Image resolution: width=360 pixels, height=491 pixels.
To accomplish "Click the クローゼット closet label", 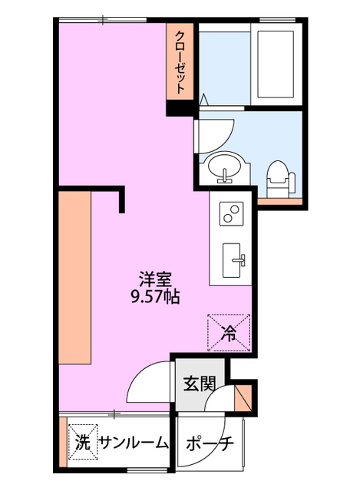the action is pyautogui.click(x=179, y=62).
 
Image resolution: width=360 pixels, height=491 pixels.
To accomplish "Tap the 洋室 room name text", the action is pyautogui.click(x=155, y=279).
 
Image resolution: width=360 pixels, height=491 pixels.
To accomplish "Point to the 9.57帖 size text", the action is pyautogui.click(x=155, y=297).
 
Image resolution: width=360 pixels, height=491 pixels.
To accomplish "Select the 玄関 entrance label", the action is pyautogui.click(x=200, y=384).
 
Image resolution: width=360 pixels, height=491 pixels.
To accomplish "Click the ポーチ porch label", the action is pyautogui.click(x=210, y=443).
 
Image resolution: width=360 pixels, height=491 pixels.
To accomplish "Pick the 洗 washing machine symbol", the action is pyautogui.click(x=83, y=442).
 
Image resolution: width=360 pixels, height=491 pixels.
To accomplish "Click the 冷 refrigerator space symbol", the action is pyautogui.click(x=229, y=332).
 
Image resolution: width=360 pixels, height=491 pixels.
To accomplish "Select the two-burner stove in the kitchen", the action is pyautogui.click(x=232, y=213).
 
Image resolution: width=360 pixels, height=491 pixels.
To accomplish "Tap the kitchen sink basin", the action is pyautogui.click(x=232, y=260).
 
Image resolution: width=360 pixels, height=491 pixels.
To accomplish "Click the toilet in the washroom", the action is pyautogui.click(x=280, y=180).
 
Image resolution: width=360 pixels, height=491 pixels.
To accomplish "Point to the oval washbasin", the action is pyautogui.click(x=225, y=168).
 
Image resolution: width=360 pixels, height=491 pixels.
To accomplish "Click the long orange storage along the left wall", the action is pyautogui.click(x=74, y=278).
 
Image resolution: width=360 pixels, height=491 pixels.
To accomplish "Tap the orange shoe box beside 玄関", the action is pyautogui.click(x=243, y=397).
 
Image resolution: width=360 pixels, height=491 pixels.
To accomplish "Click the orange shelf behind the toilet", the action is pyautogui.click(x=280, y=201).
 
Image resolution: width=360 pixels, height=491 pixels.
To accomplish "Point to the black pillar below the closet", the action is pyautogui.click(x=180, y=108).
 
